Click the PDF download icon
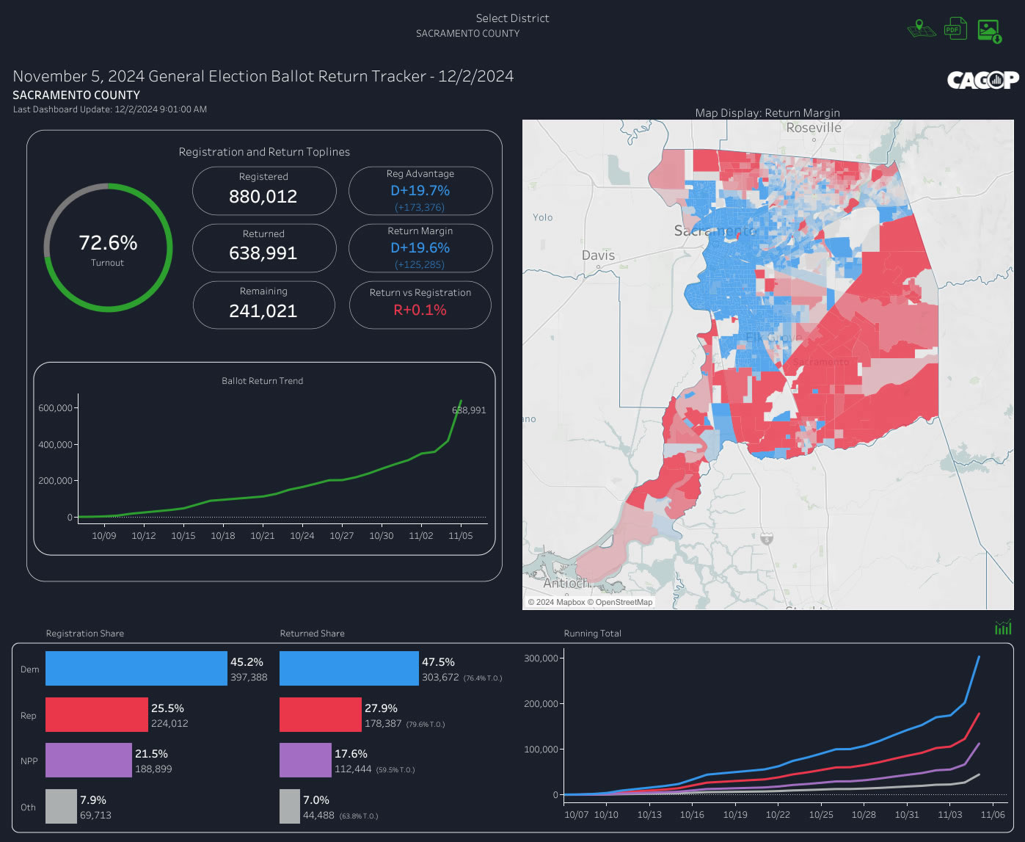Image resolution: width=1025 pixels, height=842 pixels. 955,29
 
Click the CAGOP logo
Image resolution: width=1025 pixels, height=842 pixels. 982,80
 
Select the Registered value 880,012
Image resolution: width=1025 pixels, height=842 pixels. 263,197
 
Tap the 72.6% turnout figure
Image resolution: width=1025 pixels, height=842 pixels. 108,243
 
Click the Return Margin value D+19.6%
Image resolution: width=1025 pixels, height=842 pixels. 420,248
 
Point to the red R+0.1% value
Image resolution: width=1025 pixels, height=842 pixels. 420,310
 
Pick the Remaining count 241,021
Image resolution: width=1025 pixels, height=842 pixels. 263,311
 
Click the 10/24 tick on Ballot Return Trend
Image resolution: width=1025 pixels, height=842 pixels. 302,536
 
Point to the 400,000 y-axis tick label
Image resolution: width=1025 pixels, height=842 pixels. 55,445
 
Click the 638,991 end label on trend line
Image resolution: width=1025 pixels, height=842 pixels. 469,410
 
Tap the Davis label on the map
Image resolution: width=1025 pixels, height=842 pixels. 598,255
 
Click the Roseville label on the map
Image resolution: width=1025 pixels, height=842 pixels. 813,128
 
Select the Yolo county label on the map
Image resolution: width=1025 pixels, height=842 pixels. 543,217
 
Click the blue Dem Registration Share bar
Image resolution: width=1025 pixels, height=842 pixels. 136,669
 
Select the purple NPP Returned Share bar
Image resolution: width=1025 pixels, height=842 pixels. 305,761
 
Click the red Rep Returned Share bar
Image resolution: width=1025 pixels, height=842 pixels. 321,715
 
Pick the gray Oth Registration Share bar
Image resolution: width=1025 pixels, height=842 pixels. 61,806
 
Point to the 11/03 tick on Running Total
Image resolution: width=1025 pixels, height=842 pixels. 949,815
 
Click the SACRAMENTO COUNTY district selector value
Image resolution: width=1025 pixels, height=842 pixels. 467,34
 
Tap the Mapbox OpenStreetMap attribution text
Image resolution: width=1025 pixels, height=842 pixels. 590,603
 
